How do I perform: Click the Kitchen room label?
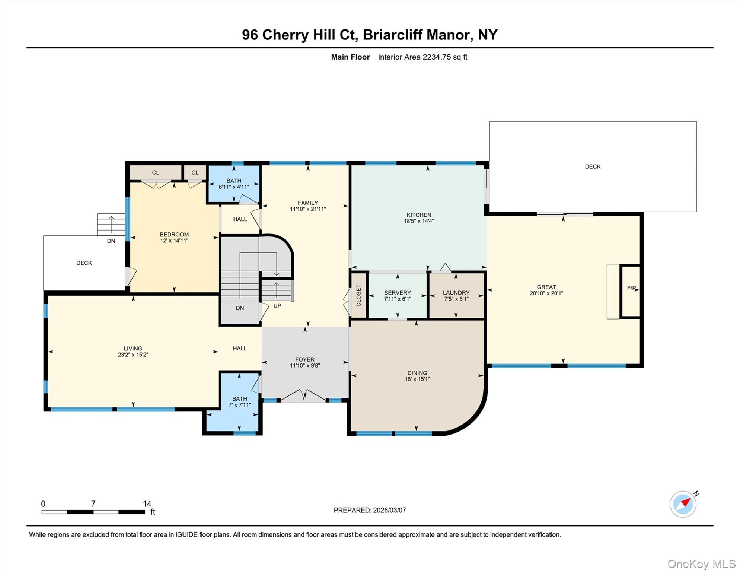[x=419, y=215]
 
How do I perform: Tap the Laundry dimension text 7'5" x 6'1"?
[x=456, y=299]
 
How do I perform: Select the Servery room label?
[x=398, y=293]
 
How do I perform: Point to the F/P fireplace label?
[x=631, y=288]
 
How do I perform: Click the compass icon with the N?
[x=684, y=504]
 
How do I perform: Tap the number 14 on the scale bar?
[x=147, y=504]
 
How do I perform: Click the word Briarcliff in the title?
[x=392, y=35]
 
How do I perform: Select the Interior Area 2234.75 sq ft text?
[x=422, y=57]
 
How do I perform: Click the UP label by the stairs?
[x=277, y=306]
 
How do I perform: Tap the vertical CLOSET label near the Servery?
[x=358, y=296]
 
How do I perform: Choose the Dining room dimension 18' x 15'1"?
[x=417, y=379]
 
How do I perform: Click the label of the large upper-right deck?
[x=593, y=166]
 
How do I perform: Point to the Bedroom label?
[x=174, y=235]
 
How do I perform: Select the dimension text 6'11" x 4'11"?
[x=234, y=187]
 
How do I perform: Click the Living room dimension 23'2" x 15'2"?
[x=133, y=355]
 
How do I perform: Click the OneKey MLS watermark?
[x=702, y=564]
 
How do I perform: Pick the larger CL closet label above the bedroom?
[x=156, y=172]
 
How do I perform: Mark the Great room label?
[x=546, y=287]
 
